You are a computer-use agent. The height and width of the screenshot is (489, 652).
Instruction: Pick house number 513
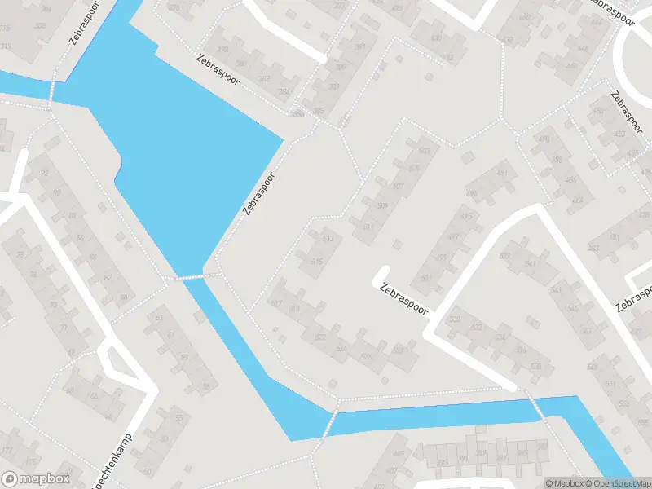(328, 239)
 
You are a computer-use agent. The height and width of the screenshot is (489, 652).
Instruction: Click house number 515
(317, 262)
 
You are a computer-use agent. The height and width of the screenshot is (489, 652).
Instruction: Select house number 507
(399, 186)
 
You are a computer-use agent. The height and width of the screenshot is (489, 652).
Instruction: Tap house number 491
(502, 173)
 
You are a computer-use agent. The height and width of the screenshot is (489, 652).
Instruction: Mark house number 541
(531, 264)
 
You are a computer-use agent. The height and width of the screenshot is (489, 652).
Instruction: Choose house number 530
(455, 319)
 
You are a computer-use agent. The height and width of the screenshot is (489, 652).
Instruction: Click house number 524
(341, 348)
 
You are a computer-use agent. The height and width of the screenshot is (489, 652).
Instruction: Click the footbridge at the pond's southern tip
(193, 277)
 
